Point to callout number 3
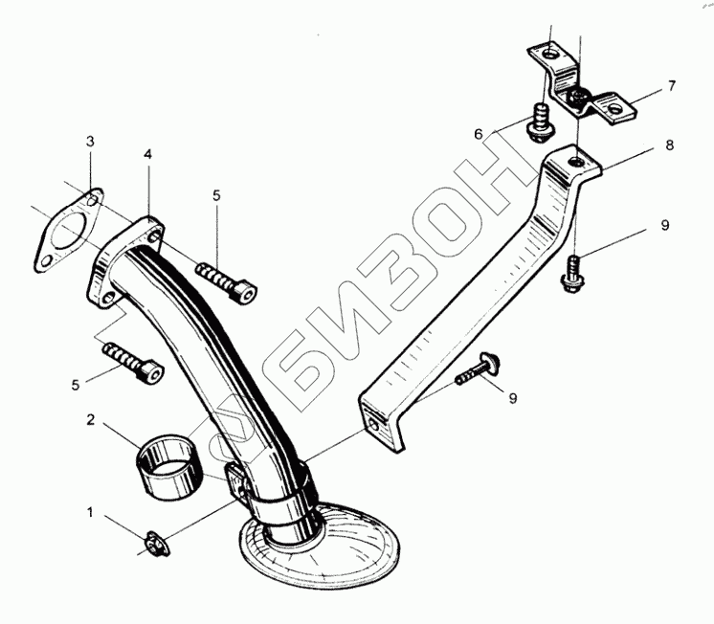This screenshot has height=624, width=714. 89,142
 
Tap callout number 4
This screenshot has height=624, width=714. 147,153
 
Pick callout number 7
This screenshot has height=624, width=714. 672,86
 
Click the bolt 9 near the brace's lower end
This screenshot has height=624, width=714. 479,368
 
